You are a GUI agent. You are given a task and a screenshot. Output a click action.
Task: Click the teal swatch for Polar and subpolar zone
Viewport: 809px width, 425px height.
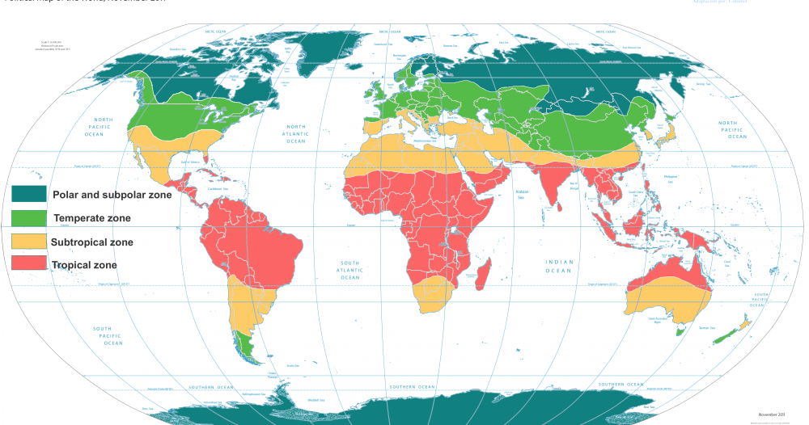[28, 195]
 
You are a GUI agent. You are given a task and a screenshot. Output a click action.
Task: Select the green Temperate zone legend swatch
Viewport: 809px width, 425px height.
[28, 217]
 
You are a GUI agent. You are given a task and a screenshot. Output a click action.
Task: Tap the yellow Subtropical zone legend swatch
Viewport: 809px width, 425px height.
[28, 241]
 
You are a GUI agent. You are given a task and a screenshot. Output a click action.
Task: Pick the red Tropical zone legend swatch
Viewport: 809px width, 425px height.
[28, 263]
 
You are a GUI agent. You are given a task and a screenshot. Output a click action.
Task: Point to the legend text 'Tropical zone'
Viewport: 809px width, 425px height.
[84, 265]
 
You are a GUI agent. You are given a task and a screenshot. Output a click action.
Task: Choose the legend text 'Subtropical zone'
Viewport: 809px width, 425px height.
[91, 242]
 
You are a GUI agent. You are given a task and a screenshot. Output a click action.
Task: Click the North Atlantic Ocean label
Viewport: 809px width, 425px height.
[295, 133]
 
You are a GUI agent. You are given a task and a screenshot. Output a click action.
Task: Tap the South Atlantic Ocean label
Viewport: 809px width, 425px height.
[349, 270]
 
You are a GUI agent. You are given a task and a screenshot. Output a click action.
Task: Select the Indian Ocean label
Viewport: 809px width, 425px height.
[558, 266]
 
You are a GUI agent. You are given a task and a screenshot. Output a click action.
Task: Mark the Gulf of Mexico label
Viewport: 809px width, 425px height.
[189, 162]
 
